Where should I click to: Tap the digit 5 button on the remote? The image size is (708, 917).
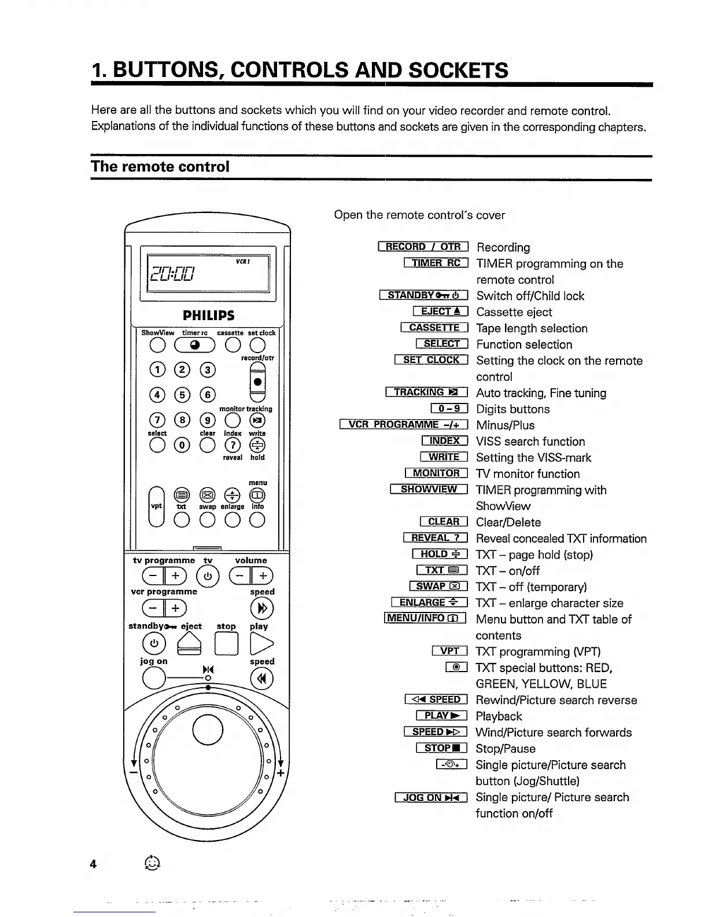182,395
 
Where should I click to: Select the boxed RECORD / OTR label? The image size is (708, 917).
423,247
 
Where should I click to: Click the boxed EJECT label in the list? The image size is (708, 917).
440,312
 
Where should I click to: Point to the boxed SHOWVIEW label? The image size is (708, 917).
429,490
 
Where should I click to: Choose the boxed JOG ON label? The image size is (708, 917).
431,798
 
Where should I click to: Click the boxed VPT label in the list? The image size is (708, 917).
449,651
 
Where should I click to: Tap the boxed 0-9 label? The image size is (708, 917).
449,409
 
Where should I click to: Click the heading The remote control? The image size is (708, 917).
160,167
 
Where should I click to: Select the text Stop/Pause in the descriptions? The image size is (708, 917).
506,749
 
